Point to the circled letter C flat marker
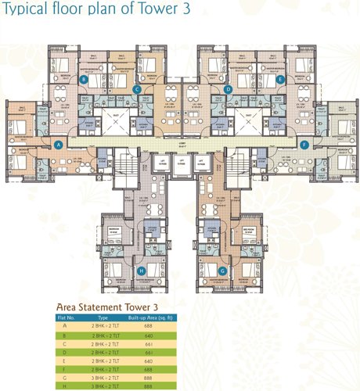(137, 89)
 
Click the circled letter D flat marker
(228, 90)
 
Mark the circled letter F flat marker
(304, 145)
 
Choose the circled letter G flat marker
(224, 271)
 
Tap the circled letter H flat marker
(141, 271)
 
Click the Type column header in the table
(103, 318)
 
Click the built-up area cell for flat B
(148, 335)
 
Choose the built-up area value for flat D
(148, 352)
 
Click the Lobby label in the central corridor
(182, 145)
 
